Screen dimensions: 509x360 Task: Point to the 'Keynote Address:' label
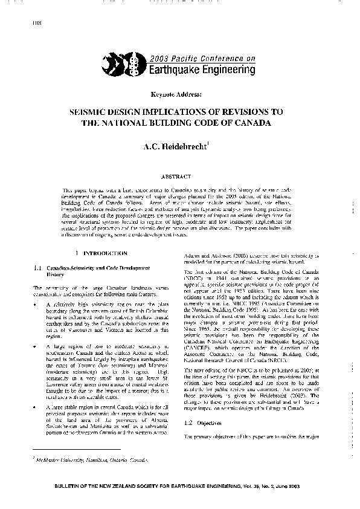point(179,96)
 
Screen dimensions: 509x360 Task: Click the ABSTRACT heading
point(179,176)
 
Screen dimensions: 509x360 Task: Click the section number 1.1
point(36,267)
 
